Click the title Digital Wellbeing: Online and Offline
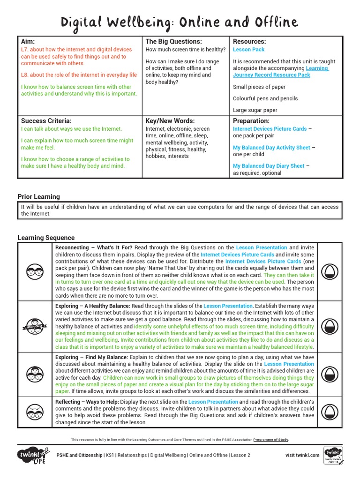click(180, 22)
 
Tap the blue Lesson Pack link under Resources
click(248, 49)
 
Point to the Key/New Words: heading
click(170, 120)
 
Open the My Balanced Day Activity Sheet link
click(271, 147)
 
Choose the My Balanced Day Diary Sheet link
click(269, 165)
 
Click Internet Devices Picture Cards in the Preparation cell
click(270, 128)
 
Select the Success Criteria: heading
click(46, 120)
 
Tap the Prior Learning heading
click(38, 196)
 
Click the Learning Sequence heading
click(46, 238)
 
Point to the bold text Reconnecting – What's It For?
click(94, 247)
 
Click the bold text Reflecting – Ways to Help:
click(87, 402)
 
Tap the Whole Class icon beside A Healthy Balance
click(35, 326)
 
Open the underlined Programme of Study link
click(271, 440)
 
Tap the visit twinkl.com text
click(302, 455)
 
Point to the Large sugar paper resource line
click(255, 110)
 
